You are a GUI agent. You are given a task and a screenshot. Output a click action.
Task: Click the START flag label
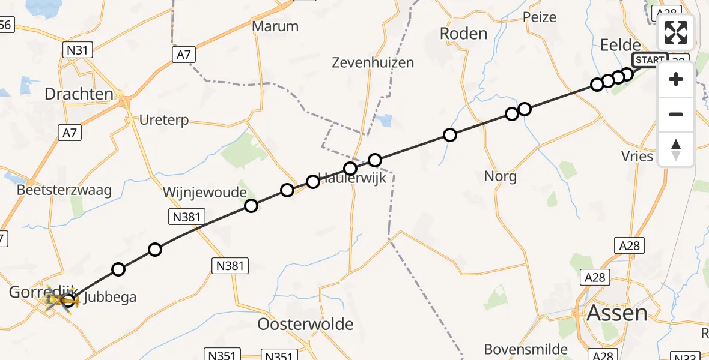[x=650, y=60]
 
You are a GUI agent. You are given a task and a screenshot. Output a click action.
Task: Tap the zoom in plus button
[x=676, y=80]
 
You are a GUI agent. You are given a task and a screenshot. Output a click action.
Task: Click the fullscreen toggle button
[x=676, y=32]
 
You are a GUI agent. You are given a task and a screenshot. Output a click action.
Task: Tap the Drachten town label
[x=79, y=94]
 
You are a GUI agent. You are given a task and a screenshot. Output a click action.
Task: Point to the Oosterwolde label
[x=305, y=325]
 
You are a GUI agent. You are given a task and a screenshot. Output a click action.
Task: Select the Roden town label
[x=463, y=34]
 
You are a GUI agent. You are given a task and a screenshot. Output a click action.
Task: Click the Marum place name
[x=275, y=26]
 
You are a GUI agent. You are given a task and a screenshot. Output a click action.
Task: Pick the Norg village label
[x=500, y=176]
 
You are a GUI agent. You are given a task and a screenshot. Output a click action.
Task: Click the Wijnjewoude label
[x=205, y=193]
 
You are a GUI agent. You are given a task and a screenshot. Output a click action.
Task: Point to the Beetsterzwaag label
[x=65, y=191]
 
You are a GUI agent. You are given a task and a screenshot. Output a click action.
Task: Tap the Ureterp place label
[x=163, y=120]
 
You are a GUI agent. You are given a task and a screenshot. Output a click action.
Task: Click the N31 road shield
[x=78, y=50]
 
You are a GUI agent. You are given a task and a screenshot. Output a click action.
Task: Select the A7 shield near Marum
[x=184, y=55]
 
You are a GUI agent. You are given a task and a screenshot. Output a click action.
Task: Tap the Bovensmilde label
[x=526, y=349]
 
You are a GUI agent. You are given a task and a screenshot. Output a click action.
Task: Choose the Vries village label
[x=637, y=156]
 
